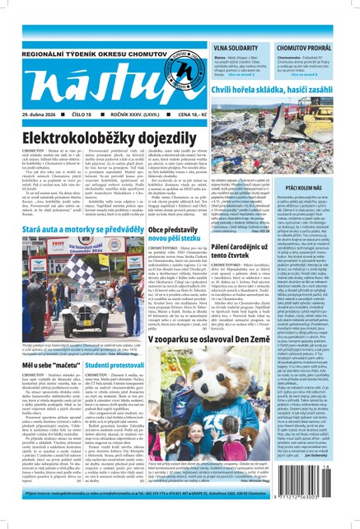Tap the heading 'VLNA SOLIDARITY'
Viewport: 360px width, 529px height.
pyautogui.click(x=236, y=48)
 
